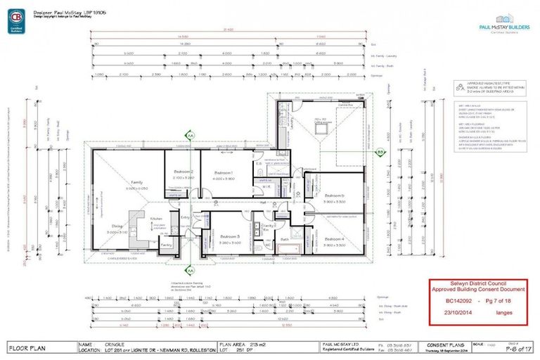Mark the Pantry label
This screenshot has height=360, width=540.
pyautogui.click(x=167, y=244)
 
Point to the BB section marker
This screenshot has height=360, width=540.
pyautogui.click(x=380, y=151)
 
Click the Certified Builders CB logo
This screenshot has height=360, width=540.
pyautogui.click(x=15, y=21)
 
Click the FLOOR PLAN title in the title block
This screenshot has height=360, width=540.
pyautogui.click(x=27, y=347)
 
